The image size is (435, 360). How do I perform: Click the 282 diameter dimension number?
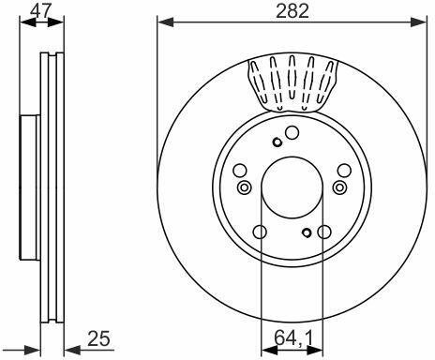coord(292,11)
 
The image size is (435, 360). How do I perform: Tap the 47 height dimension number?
coord(39,11)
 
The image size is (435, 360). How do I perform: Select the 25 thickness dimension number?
coord(98,339)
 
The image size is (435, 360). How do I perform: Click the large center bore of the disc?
coord(292,187)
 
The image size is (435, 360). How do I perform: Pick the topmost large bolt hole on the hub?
coord(292,133)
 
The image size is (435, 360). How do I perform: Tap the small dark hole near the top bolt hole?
coord(277,142)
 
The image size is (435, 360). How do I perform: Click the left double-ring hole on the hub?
coord(244,187)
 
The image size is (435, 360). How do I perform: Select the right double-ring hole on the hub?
coord(339,187)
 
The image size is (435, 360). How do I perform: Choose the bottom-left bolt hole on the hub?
coord(260,232)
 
